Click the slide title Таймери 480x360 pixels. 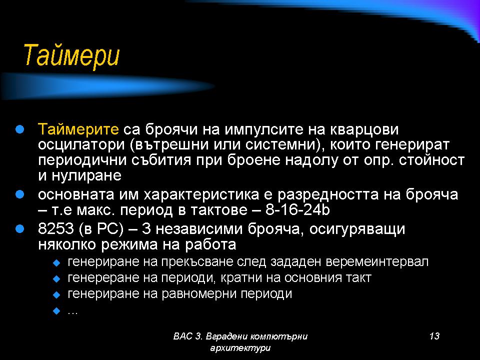[71, 55]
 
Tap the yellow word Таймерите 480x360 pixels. [78, 129]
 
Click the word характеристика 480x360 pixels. [201, 195]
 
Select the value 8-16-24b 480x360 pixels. [297, 209]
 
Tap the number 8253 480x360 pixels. [56, 229]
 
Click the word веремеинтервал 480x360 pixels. [377, 261]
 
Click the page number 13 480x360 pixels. [434, 336]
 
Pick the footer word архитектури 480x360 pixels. [240, 348]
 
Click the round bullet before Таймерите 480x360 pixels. [19, 129]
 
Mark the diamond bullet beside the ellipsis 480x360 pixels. [56, 311]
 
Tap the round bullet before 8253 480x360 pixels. [19, 228]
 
